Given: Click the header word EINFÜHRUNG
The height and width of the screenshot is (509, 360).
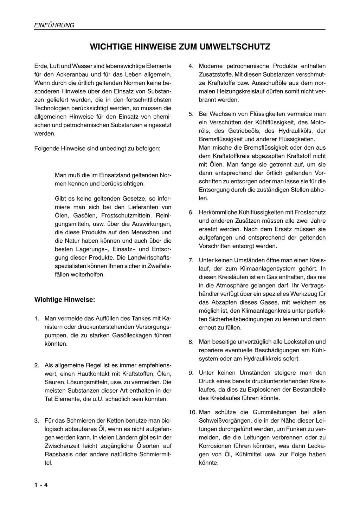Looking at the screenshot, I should coord(54,25).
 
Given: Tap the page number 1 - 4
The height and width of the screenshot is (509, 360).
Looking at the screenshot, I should coord(41,485).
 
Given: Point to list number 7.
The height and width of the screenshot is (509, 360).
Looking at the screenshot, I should coord(191,260).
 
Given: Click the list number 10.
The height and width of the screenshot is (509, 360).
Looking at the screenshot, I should coord(193,412).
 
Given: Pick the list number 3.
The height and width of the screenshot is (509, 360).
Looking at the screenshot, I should coord(37,420).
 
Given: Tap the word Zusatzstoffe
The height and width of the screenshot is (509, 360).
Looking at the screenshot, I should coord(215,74).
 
